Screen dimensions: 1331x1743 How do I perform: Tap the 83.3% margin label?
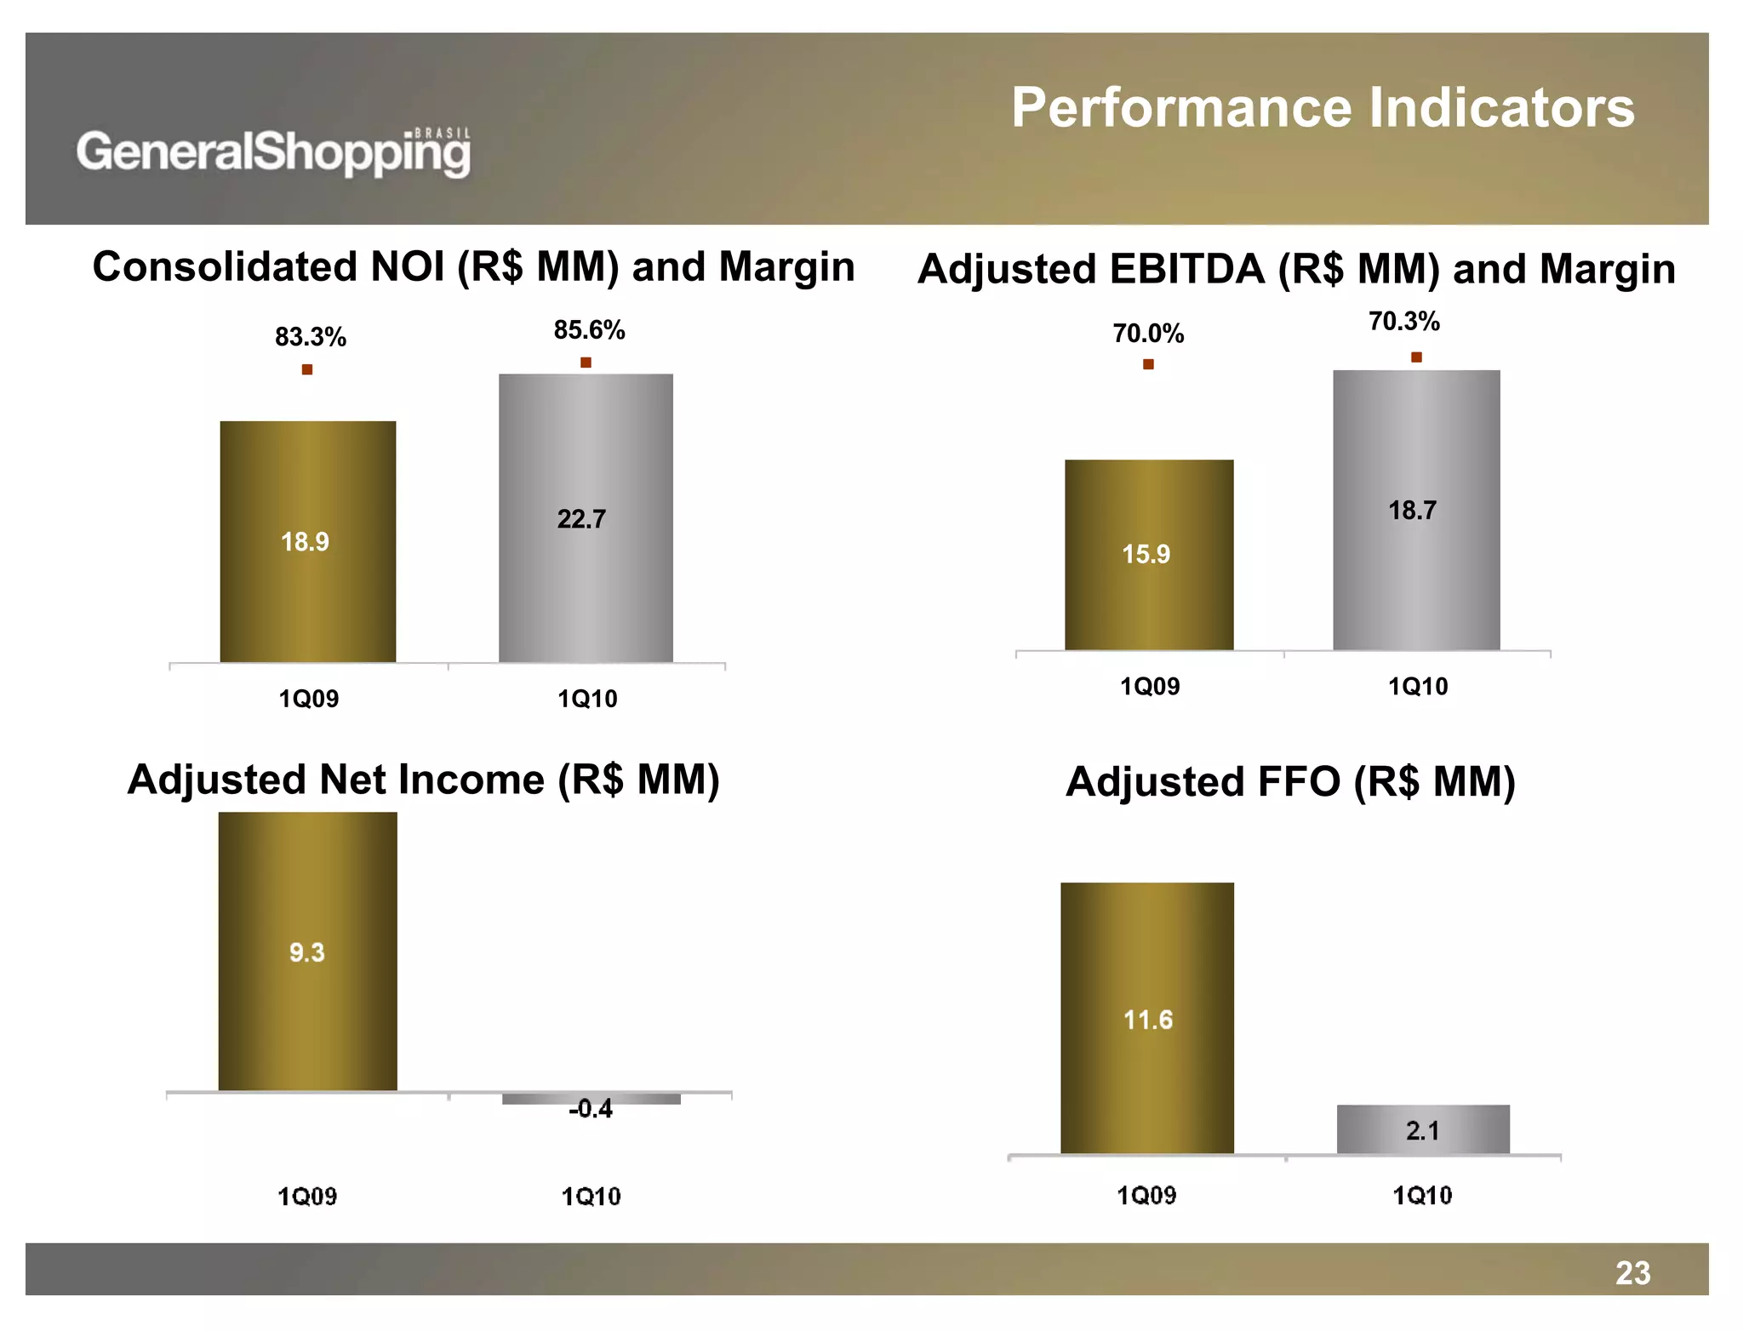tap(311, 337)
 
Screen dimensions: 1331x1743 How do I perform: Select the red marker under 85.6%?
tap(586, 363)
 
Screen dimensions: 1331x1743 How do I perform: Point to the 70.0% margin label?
tap(1148, 334)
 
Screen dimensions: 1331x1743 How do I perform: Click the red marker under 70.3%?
tap(1416, 357)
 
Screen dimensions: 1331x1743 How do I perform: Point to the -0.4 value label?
tap(591, 1109)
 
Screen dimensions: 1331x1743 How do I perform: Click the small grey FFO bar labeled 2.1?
tap(1423, 1129)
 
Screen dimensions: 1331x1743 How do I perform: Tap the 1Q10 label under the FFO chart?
tap(1422, 1196)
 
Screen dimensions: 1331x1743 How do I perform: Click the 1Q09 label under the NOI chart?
tap(308, 699)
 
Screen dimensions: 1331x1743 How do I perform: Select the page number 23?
tap(1632, 1273)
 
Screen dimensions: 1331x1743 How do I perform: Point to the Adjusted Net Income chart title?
tap(423, 780)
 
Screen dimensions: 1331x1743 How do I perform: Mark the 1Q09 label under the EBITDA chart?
tap(1149, 686)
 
